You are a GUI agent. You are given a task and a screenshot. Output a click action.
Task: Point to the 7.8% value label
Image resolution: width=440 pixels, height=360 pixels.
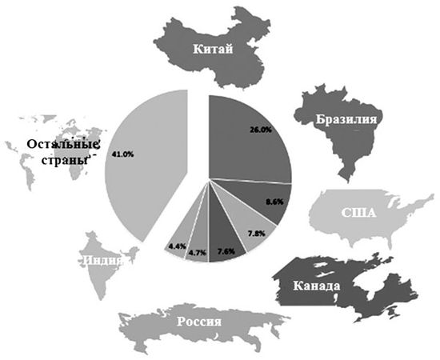257,233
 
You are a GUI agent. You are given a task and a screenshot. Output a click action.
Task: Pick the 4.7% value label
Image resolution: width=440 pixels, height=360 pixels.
197,253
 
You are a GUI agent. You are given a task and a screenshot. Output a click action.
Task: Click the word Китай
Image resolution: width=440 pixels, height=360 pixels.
212,50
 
